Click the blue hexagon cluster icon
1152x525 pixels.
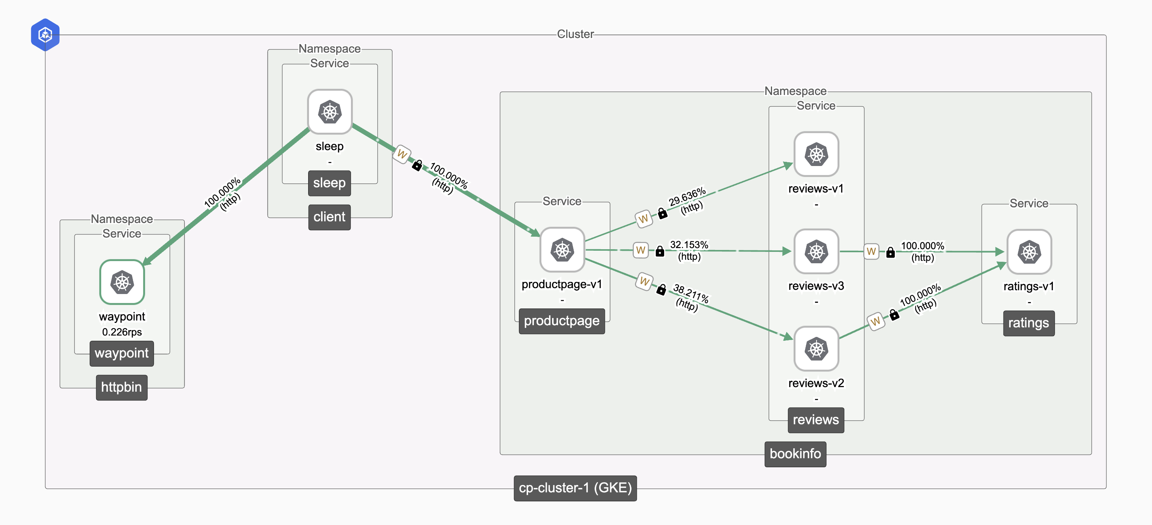45,35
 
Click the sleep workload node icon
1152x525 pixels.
329,112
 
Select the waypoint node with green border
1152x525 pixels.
122,282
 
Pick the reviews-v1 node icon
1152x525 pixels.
816,154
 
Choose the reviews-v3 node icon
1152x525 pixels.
816,251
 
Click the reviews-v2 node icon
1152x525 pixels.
816,349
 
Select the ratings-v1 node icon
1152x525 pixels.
1029,252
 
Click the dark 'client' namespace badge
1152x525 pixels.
329,217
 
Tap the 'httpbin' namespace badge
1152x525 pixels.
121,387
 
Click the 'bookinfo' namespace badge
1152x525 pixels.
795,454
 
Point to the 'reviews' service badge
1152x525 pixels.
815,420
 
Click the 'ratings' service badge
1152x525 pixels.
1028,323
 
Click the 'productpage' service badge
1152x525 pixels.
561,321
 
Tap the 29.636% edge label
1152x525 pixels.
687,196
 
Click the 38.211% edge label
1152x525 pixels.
691,294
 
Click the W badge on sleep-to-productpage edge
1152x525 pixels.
402,154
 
